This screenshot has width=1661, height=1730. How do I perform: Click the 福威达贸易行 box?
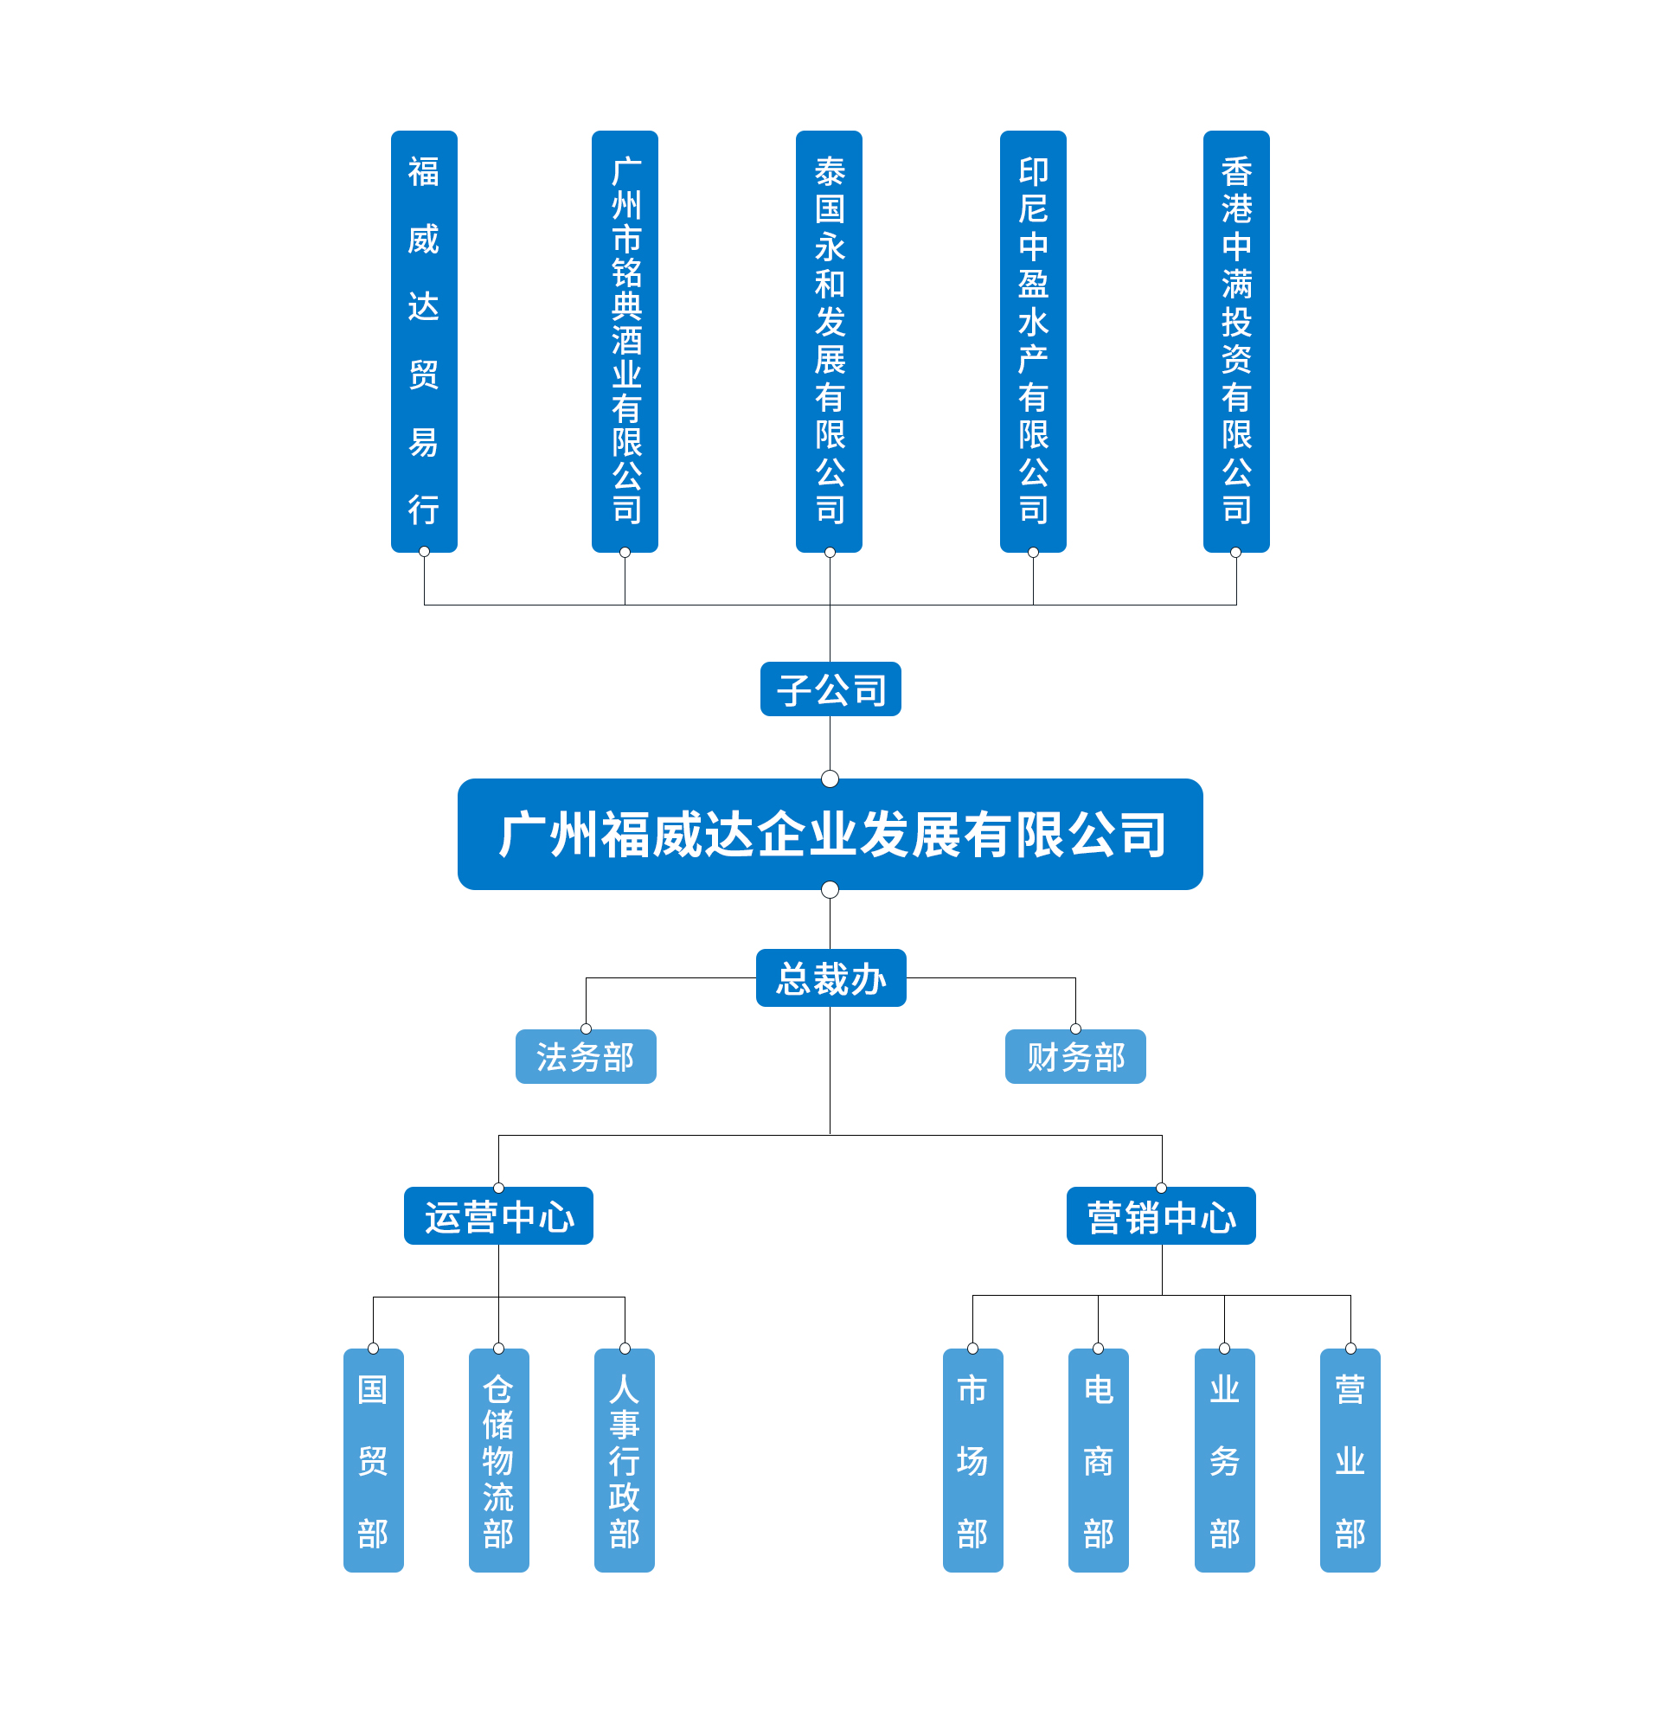pyautogui.click(x=424, y=341)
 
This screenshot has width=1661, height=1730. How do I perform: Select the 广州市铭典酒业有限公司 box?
pyautogui.click(x=625, y=341)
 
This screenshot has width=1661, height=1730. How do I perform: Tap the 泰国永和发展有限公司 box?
pyautogui.click(x=829, y=341)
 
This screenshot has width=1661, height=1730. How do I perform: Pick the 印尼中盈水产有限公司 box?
pyautogui.click(x=1033, y=341)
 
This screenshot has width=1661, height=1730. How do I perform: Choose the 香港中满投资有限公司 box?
pyautogui.click(x=1235, y=341)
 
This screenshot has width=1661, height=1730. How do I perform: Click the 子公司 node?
pyautogui.click(x=830, y=689)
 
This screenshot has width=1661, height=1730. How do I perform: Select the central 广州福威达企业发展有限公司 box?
pyautogui.click(x=830, y=834)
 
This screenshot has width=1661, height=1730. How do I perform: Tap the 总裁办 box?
pyautogui.click(x=830, y=978)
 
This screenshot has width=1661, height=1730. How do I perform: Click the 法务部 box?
pyautogui.click(x=585, y=1056)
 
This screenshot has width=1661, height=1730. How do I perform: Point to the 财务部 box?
pyautogui.click(x=1075, y=1056)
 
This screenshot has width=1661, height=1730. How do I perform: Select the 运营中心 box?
pyautogui.click(x=497, y=1215)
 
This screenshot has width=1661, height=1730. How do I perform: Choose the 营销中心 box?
pyautogui.click(x=1161, y=1215)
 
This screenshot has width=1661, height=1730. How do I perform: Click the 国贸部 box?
pyautogui.click(x=373, y=1461)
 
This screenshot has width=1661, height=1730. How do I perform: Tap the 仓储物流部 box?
pyautogui.click(x=498, y=1461)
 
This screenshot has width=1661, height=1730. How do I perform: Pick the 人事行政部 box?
pyautogui.click(x=624, y=1461)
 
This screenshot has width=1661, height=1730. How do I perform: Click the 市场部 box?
pyautogui.click(x=972, y=1461)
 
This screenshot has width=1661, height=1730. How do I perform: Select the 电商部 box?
pyautogui.click(x=1098, y=1461)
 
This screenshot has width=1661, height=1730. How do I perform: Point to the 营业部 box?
pyautogui.click(x=1350, y=1461)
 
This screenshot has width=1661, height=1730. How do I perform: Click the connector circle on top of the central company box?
pyautogui.click(x=830, y=778)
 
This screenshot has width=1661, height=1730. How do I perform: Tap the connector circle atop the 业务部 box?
pyautogui.click(x=1224, y=1349)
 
